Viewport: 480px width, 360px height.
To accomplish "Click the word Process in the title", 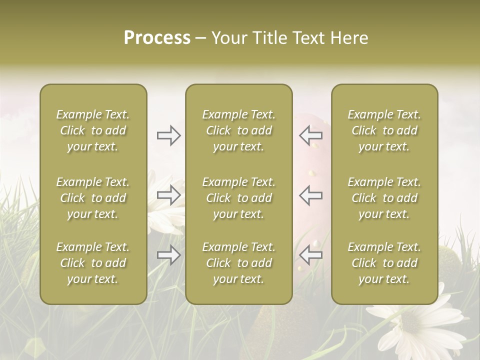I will (157, 38).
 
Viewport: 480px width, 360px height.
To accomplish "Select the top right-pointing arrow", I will (169, 135).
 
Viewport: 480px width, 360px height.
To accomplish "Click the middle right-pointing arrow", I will (169, 195).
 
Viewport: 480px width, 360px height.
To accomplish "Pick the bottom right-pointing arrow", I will (169, 255).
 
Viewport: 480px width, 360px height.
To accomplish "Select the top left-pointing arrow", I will (310, 135).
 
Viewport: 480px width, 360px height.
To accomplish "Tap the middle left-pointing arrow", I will (310, 195).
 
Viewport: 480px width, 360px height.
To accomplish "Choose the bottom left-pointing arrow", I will (310, 255).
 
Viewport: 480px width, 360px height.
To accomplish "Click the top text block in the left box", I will (93, 130).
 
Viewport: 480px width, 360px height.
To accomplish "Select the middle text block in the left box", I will (93, 198).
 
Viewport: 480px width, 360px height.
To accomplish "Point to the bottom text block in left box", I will (93, 263).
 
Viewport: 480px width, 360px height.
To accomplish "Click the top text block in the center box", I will (238, 130).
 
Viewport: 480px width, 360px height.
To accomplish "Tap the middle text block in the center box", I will (238, 198).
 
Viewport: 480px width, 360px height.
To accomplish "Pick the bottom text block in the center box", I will (238, 263).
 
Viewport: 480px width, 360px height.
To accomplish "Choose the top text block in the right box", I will (384, 130).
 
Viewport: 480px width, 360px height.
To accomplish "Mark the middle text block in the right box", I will (384, 198).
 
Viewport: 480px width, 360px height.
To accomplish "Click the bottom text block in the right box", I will (384, 263).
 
